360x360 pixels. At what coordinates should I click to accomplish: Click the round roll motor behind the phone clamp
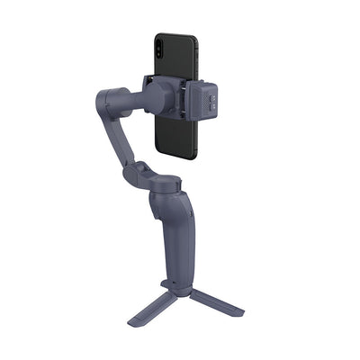[153, 90]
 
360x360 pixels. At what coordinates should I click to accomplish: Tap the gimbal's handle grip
[176, 243]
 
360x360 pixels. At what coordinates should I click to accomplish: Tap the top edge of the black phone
[175, 35]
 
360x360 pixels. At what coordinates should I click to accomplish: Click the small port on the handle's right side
[192, 209]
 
